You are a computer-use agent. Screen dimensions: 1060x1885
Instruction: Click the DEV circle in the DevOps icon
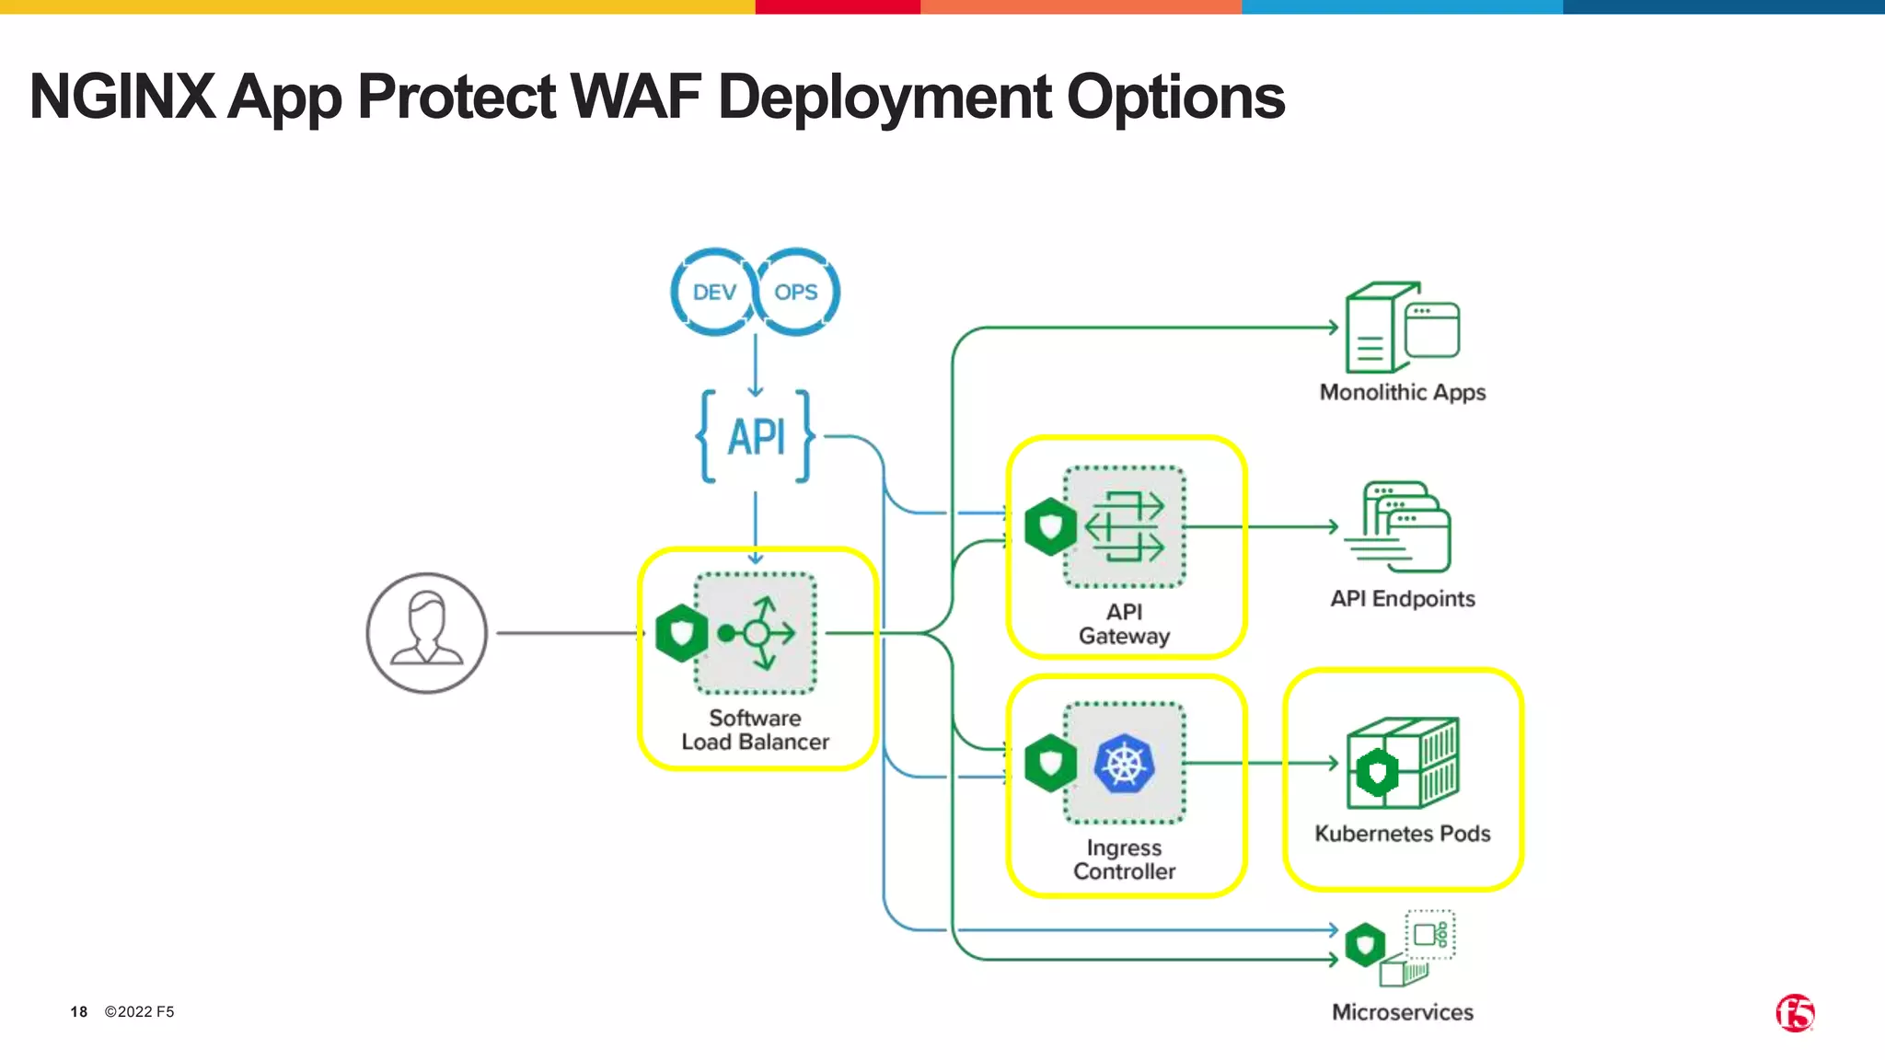click(x=714, y=293)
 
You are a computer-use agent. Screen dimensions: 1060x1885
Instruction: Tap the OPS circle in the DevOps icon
click(x=796, y=293)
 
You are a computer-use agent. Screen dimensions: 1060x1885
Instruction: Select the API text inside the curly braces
click(x=757, y=437)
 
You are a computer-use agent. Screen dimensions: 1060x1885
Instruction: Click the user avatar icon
click(x=426, y=633)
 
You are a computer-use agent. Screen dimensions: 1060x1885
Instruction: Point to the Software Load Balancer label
click(x=755, y=730)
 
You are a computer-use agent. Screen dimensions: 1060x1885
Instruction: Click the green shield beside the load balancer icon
click(x=681, y=633)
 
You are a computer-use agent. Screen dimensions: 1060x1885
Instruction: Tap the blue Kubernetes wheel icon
click(x=1124, y=764)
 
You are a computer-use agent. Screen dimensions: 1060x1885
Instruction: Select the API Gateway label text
click(x=1124, y=624)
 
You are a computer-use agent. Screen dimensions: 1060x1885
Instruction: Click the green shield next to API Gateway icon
click(x=1050, y=527)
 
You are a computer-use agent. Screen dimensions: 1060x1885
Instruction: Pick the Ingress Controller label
click(x=1124, y=859)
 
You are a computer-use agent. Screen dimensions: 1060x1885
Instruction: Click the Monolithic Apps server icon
click(x=1402, y=327)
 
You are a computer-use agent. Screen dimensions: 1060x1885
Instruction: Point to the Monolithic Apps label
click(x=1402, y=392)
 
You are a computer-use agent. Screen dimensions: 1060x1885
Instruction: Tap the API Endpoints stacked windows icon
click(x=1400, y=527)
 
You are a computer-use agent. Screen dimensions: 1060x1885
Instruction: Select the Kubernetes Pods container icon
click(x=1402, y=764)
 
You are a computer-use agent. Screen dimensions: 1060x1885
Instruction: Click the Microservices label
click(x=1402, y=1012)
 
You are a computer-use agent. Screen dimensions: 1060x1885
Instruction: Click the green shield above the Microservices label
click(x=1365, y=944)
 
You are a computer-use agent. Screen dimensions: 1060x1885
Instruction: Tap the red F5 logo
click(x=1795, y=1013)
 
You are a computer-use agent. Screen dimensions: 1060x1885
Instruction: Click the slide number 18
click(x=79, y=1012)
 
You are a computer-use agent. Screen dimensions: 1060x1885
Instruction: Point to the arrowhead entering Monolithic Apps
click(x=1334, y=327)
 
